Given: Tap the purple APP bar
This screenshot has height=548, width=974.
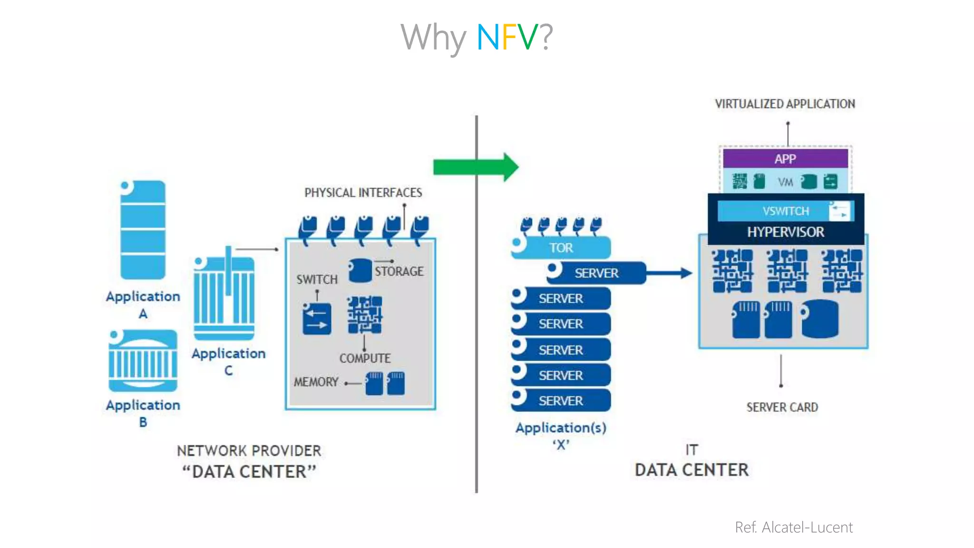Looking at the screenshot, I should pos(785,159).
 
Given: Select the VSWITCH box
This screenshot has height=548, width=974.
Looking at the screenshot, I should pos(785,211).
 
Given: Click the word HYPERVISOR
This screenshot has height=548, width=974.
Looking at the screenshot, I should pos(785,232).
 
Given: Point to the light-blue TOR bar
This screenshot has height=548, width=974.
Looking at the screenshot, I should pos(561,248).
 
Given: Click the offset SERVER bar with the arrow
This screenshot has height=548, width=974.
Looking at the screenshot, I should pos(596,273).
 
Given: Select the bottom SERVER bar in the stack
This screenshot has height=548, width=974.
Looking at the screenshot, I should pos(561,401).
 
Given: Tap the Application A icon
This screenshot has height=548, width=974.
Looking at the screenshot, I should pos(143,230).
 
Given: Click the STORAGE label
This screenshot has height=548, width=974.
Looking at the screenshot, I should pos(399,272).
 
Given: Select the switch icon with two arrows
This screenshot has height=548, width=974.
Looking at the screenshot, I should pos(317,319).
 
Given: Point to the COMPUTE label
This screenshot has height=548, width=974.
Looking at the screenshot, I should pos(365,358).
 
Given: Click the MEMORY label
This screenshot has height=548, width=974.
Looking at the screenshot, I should pos(316,382).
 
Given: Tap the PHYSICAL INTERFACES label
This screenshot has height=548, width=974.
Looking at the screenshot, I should pos(363,193).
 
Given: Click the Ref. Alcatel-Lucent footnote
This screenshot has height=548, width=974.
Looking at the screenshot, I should pos(793,528).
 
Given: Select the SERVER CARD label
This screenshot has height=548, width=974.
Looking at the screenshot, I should pos(782,407).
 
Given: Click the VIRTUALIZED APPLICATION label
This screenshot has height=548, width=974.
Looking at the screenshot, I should pos(785,104).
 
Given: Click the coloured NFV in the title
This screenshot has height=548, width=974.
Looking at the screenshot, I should pos(507,37).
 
